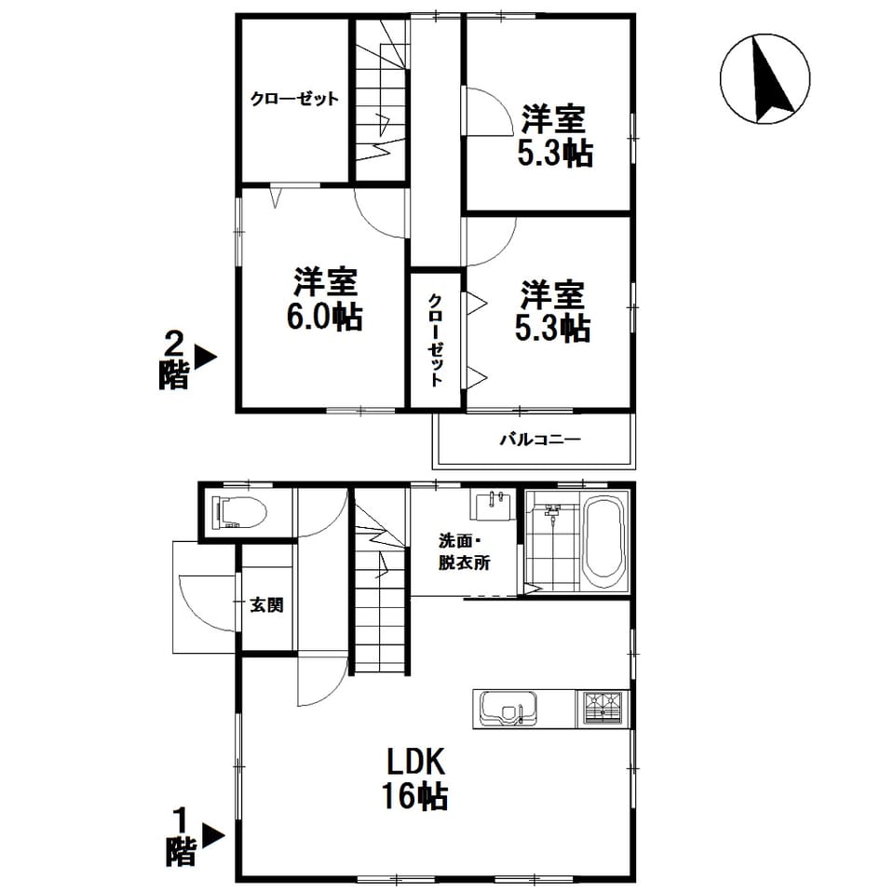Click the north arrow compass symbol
[765, 78]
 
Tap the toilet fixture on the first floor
[239, 512]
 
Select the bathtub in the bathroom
[604, 546]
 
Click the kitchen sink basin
[508, 709]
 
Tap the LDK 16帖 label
[415, 779]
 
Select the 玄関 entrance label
[267, 605]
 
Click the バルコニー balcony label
[540, 440]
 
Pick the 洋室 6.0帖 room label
[325, 298]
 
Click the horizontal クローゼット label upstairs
[295, 99]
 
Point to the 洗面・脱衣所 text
[464, 551]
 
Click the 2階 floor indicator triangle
[205, 358]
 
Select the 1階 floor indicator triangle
[213, 836]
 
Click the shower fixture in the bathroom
[551, 511]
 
